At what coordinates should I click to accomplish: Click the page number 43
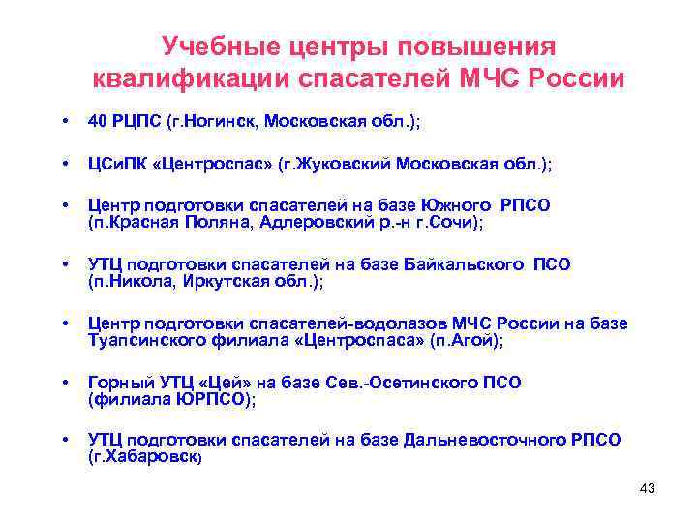point(648,489)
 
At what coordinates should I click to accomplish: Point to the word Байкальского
point(475,264)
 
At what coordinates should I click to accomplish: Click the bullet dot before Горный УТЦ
point(65,383)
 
